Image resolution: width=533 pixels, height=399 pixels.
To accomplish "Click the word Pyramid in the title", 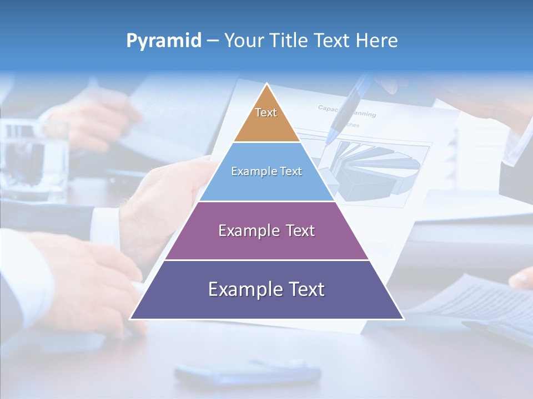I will pos(164,40).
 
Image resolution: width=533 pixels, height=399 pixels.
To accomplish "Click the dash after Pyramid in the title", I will pos(213,41).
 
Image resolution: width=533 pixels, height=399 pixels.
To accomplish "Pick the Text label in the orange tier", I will pos(266,112).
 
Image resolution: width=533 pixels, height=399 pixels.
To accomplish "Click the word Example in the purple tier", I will pos(245,231).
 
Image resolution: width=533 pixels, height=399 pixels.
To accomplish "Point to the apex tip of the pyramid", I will pos(267,84).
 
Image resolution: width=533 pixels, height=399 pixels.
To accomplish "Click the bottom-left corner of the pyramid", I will pos(130,319).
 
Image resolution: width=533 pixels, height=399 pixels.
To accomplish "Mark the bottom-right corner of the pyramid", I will pos(403,319).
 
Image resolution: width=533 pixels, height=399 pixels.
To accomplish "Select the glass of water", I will pos(33,161).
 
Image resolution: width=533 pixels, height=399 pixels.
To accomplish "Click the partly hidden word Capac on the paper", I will pos(328,108).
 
